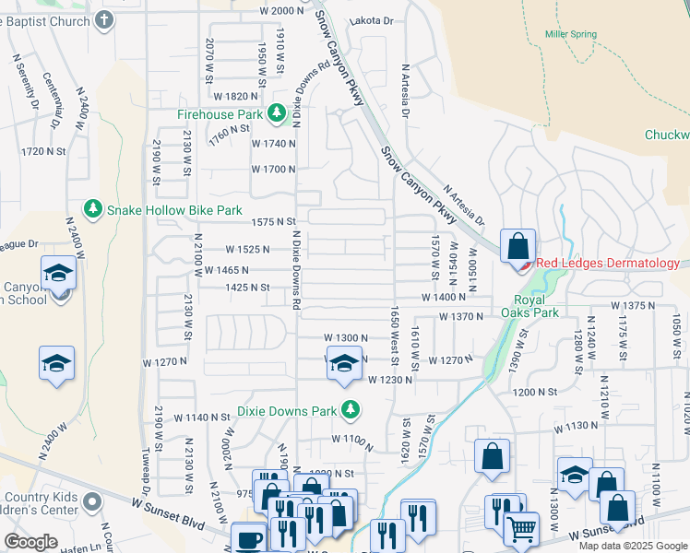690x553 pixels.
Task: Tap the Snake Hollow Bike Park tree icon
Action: (x=93, y=210)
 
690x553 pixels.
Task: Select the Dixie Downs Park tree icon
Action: (x=350, y=409)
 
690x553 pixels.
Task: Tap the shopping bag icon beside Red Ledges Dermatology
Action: (x=518, y=246)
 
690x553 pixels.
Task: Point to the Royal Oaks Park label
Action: (x=537, y=306)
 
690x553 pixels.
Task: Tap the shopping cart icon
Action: (x=522, y=530)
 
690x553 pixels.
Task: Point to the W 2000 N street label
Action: (x=281, y=10)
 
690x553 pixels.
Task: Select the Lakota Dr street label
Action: (x=371, y=20)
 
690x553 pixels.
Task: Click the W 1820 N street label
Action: (x=235, y=96)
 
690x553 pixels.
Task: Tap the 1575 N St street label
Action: (x=272, y=222)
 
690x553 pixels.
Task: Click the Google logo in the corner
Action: (x=30, y=542)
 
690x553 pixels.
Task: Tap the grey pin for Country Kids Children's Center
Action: (x=90, y=501)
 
